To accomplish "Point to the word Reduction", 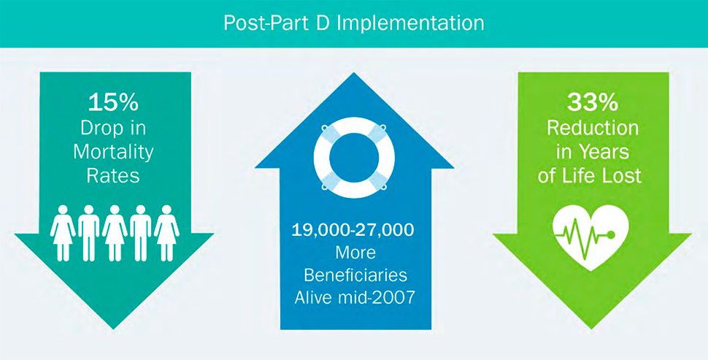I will coord(592,128).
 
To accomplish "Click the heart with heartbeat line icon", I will coord(592,233).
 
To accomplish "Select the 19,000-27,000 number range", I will coord(353,231).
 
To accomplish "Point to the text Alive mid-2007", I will coord(353,297).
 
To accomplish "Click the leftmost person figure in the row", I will coord(63,231).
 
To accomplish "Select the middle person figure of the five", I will coord(115,231).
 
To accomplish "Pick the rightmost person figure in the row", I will coord(166,231).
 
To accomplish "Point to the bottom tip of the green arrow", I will coord(592,327).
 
